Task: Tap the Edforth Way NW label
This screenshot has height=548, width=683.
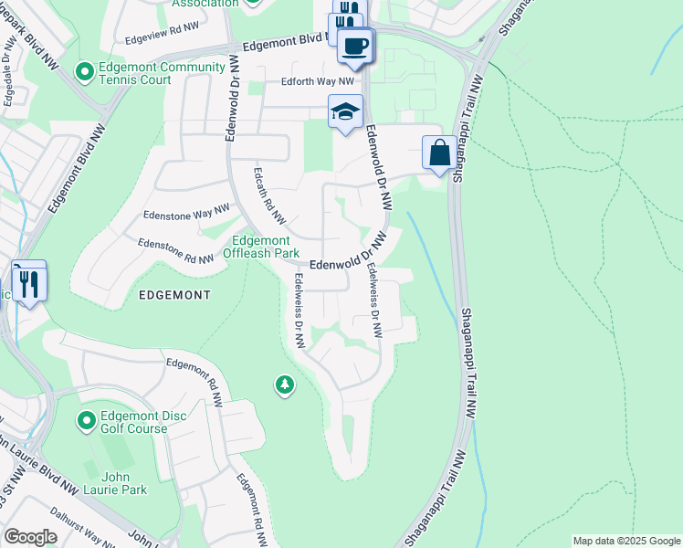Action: tap(304, 82)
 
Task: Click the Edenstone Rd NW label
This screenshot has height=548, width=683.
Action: tap(175, 251)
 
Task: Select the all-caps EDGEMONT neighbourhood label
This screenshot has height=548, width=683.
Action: tap(174, 295)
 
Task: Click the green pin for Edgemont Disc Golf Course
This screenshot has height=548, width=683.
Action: tap(86, 420)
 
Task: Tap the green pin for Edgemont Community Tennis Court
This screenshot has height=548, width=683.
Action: tap(85, 71)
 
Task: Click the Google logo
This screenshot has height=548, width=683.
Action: tap(30, 537)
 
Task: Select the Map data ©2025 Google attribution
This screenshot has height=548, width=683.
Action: tap(626, 541)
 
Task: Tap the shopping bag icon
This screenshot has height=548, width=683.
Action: tap(439, 152)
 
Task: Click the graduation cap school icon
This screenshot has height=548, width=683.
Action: tap(345, 111)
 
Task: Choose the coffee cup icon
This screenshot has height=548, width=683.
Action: tap(354, 45)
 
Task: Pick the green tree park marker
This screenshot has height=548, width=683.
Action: tap(285, 386)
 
